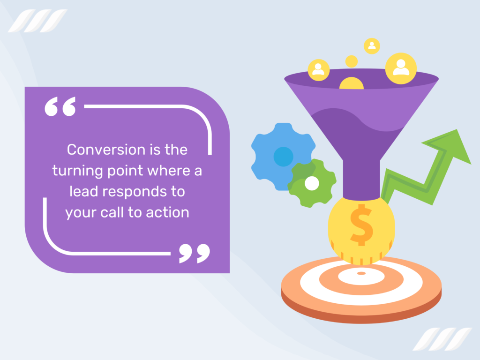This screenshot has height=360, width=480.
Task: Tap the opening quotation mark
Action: (x=60, y=107)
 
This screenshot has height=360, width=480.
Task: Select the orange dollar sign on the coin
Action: (x=361, y=225)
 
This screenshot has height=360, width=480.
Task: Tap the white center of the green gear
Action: (x=312, y=184)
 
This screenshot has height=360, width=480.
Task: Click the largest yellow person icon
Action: (x=401, y=67)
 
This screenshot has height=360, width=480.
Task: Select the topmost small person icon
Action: (x=372, y=46)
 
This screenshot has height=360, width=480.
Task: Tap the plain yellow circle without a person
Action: (x=351, y=61)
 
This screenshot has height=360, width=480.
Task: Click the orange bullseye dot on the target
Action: (x=361, y=273)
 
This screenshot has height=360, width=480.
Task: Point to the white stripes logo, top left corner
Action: (x=37, y=21)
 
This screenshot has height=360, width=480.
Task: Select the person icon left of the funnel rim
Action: (x=318, y=69)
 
